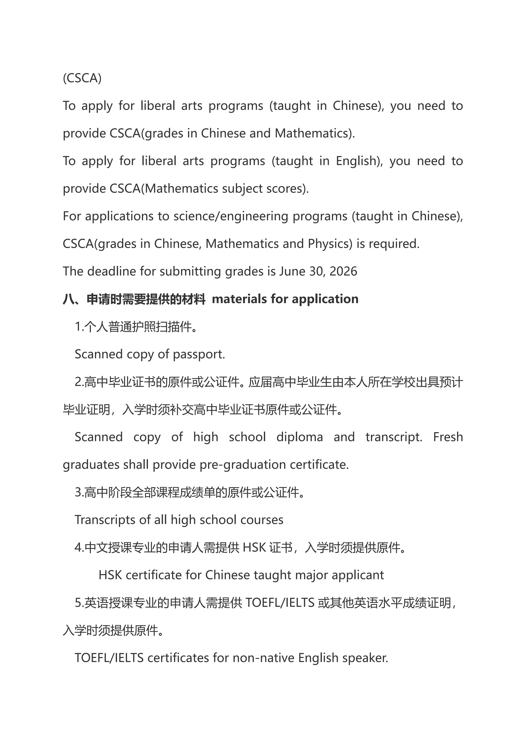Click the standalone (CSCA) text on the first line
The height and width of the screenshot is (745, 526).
pos(82,78)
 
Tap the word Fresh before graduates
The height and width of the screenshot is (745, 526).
pos(448,437)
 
